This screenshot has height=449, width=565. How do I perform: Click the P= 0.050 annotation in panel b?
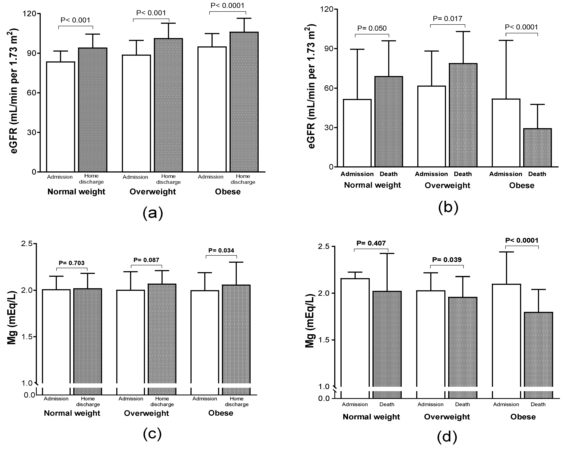click(x=372, y=28)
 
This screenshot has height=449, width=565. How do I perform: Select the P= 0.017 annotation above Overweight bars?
click(x=447, y=19)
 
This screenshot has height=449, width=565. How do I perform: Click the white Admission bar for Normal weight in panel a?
click(x=61, y=117)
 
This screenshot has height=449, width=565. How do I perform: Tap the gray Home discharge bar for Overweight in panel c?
click(x=162, y=338)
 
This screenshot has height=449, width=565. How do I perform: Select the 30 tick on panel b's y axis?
click(x=328, y=128)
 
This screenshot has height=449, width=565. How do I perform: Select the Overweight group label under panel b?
click(x=447, y=185)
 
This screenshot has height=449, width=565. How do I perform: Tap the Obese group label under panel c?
click(x=221, y=413)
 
